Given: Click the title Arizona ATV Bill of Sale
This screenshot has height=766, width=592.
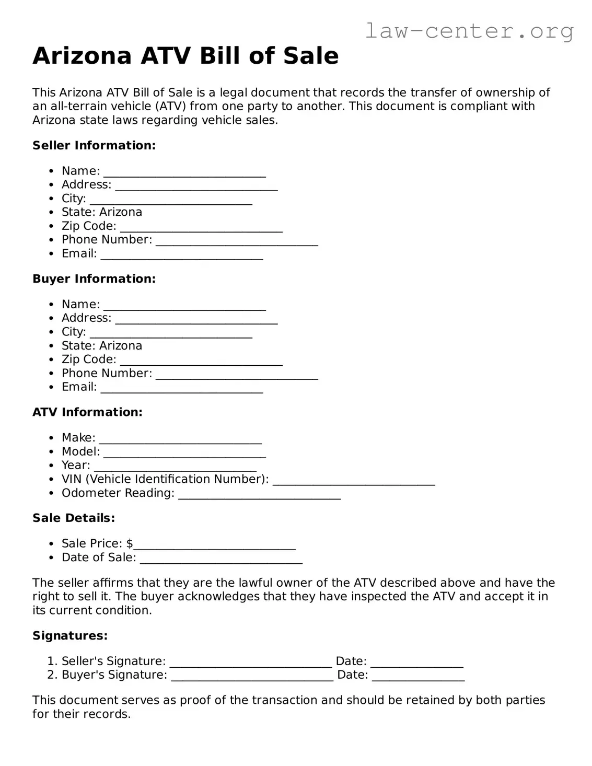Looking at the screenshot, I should coord(185,56).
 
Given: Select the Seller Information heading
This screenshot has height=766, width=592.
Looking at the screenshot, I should coord(94,145).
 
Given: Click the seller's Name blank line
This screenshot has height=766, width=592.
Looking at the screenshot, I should coord(184,172).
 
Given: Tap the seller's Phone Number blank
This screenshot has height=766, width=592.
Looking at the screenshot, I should coord(237,241).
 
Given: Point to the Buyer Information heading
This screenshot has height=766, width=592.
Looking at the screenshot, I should coord(94,278).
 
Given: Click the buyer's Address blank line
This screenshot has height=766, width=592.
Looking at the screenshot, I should coord(196,319).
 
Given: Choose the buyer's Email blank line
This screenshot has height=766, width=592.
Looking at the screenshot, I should coord(182,388).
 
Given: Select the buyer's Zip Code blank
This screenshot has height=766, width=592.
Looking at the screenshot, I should coord(201,361).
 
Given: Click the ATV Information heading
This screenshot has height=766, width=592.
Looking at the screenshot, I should coord(87,412).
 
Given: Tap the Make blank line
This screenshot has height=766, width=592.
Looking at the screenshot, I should coord(180,439).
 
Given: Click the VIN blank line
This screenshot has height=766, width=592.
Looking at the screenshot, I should coord(354,481).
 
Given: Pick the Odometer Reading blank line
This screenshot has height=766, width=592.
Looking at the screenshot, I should coord(259,494).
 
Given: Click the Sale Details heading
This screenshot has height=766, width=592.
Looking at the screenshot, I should coord(74,518).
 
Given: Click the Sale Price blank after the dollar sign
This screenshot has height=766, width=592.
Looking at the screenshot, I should coord(215,545).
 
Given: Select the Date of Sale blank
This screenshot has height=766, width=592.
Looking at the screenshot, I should coord(221,559).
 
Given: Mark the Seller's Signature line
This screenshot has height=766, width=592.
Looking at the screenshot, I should coord(251,663).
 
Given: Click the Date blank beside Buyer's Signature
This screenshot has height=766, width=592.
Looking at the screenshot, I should coord(418,676).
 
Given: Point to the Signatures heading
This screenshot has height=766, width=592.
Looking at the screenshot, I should coord(70,635).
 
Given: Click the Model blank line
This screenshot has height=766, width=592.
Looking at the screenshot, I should coord(184,453).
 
